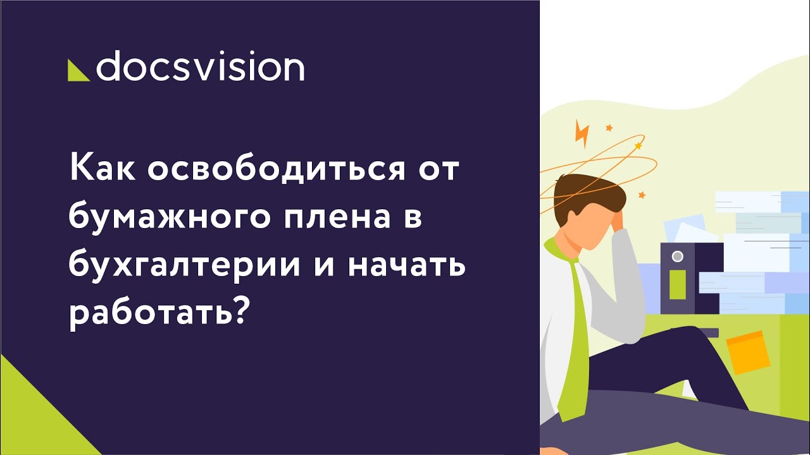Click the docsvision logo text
pos(199,68)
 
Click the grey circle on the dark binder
pos(677,257)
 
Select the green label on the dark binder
pos(677,284)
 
